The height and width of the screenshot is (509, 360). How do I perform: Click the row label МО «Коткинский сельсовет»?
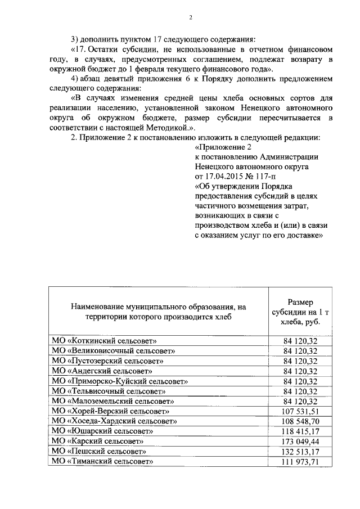point(104,341)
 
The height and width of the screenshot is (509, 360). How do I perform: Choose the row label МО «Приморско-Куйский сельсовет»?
point(120,381)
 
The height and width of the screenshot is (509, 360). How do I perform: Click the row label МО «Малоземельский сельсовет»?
point(112,401)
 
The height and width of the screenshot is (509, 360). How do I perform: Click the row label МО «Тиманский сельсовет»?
point(103,462)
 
